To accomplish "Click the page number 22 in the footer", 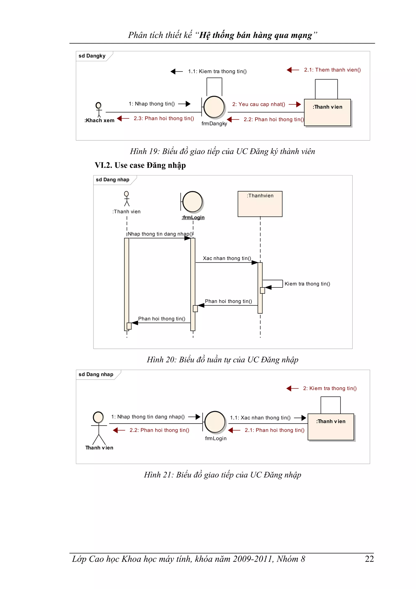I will (x=369, y=559).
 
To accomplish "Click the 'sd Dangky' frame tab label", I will (x=92, y=56).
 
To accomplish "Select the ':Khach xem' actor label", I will (x=100, y=120).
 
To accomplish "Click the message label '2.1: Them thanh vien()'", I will (x=332, y=70).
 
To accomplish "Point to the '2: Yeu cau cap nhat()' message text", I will (x=258, y=104).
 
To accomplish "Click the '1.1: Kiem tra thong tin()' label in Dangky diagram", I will (x=217, y=71).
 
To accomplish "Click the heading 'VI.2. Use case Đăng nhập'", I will (x=140, y=165).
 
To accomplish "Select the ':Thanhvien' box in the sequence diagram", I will (x=260, y=204).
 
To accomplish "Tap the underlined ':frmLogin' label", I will (x=193, y=217).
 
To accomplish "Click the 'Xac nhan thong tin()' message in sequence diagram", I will (x=227, y=258).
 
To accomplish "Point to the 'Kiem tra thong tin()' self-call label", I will (x=307, y=284).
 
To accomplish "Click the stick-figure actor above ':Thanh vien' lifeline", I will (x=126, y=199).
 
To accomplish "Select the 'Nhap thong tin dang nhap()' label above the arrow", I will (x=160, y=234).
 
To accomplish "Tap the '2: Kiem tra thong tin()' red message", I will (x=330, y=388).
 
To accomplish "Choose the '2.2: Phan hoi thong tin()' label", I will (x=159, y=430).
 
